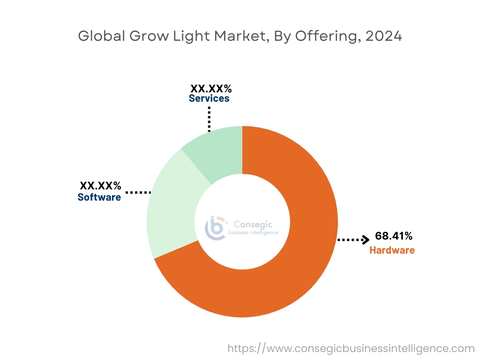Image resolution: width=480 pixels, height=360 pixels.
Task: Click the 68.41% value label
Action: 394,236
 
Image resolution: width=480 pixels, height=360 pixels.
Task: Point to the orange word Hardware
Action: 392,250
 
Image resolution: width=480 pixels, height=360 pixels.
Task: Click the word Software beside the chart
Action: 99,197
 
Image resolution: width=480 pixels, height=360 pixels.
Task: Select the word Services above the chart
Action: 209,98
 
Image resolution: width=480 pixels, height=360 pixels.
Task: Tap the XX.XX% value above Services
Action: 211,88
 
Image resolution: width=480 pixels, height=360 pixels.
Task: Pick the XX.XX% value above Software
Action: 100,186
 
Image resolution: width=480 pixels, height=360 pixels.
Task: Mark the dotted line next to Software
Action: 138,192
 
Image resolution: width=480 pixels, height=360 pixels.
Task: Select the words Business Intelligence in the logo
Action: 253,233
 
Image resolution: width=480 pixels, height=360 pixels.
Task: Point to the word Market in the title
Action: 239,36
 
